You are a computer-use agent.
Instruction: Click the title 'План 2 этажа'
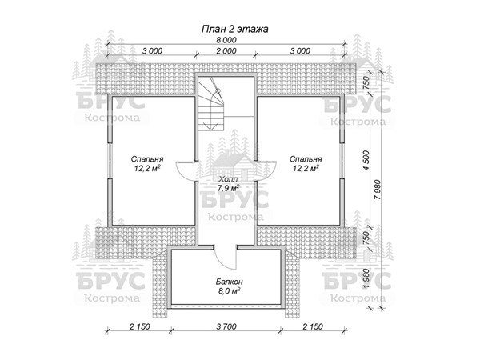coord(234,29)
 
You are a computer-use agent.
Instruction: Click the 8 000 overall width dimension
coord(226,40)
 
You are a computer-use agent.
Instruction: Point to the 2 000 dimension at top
coord(226,51)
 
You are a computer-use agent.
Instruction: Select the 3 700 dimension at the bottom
coord(226,326)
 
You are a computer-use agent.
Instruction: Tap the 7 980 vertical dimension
coord(378,190)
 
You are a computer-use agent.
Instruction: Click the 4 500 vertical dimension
coord(366,160)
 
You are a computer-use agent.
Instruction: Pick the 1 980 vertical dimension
coord(366,278)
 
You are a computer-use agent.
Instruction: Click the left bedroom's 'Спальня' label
coord(147,159)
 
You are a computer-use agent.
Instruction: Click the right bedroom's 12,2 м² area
coord(306,168)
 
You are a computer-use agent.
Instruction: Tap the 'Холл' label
coord(228,178)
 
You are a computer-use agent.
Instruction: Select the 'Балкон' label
coord(230,282)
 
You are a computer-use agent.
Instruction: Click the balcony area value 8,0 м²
coord(230,290)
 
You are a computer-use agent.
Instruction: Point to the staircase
coord(211,104)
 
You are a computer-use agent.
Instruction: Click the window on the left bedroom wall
coord(110,161)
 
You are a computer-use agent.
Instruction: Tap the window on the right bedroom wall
coord(342,161)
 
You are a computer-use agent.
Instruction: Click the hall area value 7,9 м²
coord(228,188)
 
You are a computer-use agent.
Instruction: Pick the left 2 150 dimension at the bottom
coord(139,326)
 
